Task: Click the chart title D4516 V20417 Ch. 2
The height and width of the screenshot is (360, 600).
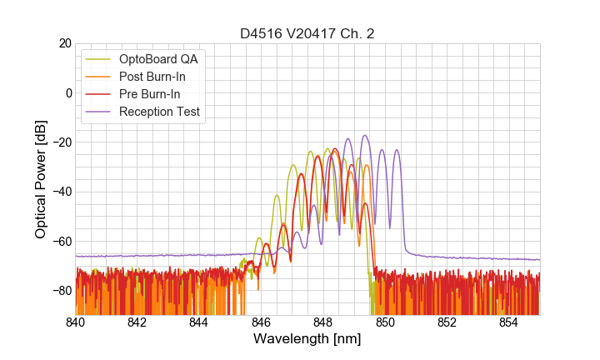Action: tap(307, 33)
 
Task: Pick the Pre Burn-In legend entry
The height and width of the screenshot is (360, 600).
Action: tap(150, 94)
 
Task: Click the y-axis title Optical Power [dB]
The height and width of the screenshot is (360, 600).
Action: tap(41, 179)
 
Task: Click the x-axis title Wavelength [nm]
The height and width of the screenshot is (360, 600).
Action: tap(307, 339)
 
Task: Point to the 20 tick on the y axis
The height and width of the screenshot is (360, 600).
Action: tap(64, 43)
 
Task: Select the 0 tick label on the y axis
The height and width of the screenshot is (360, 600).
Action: tap(67, 92)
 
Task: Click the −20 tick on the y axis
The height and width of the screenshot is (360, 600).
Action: tap(61, 142)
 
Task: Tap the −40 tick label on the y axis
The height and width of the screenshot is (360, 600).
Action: tap(61, 192)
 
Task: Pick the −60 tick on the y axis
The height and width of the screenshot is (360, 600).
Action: tap(61, 242)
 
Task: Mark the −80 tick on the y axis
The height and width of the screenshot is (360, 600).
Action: tap(61, 291)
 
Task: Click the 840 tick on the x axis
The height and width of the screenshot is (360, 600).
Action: tap(76, 322)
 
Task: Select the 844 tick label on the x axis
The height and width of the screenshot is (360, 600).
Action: tap(199, 322)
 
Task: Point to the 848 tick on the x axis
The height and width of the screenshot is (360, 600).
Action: tap(322, 322)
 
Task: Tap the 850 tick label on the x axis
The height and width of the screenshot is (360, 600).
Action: tap(385, 322)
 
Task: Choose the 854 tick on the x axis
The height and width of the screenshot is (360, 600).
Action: tap(508, 322)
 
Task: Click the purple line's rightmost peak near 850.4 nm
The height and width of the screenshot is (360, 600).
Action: tap(397, 150)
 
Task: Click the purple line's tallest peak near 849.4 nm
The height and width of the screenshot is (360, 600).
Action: tap(365, 135)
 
